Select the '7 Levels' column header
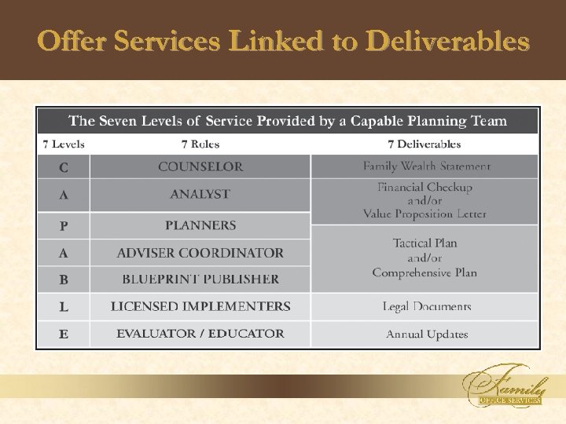coord(64,144)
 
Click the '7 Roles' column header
coord(200,144)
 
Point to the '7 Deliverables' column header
coord(424,144)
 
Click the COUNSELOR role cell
coord(200,166)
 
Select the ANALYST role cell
coord(200,194)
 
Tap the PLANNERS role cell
coord(200,225)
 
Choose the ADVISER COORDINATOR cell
coord(200,253)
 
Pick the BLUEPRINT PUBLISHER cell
coord(200,279)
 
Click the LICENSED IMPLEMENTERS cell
coord(200,306)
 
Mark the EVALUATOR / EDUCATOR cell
coord(200,334)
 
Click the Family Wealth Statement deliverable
coord(426,166)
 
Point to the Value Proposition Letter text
coord(424,214)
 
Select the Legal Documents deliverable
coord(426,306)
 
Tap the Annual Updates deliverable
coord(426,334)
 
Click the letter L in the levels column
coord(64,307)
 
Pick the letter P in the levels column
coord(64,226)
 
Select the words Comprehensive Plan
coord(424,272)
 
